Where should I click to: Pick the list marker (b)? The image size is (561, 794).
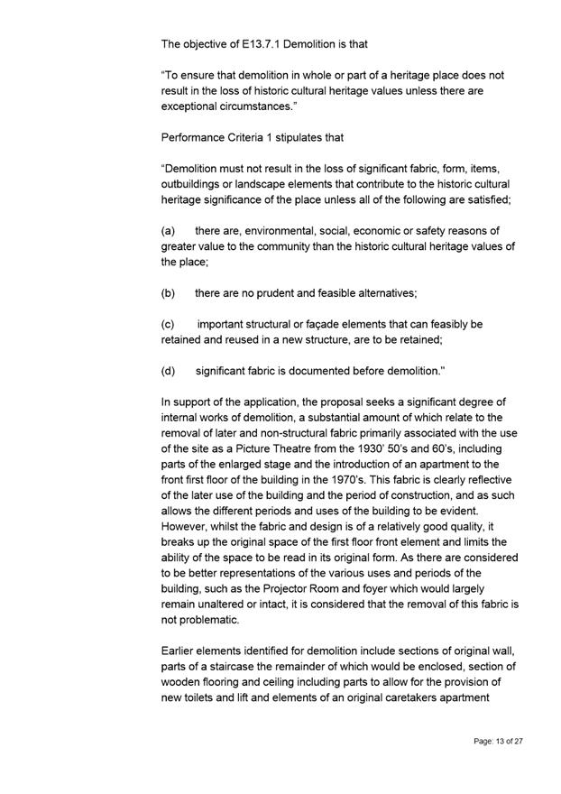tap(169, 293)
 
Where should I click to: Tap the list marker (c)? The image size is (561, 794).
tap(169, 324)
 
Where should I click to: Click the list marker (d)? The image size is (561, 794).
tap(169, 370)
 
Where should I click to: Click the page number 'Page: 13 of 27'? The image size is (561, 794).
tap(498, 741)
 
